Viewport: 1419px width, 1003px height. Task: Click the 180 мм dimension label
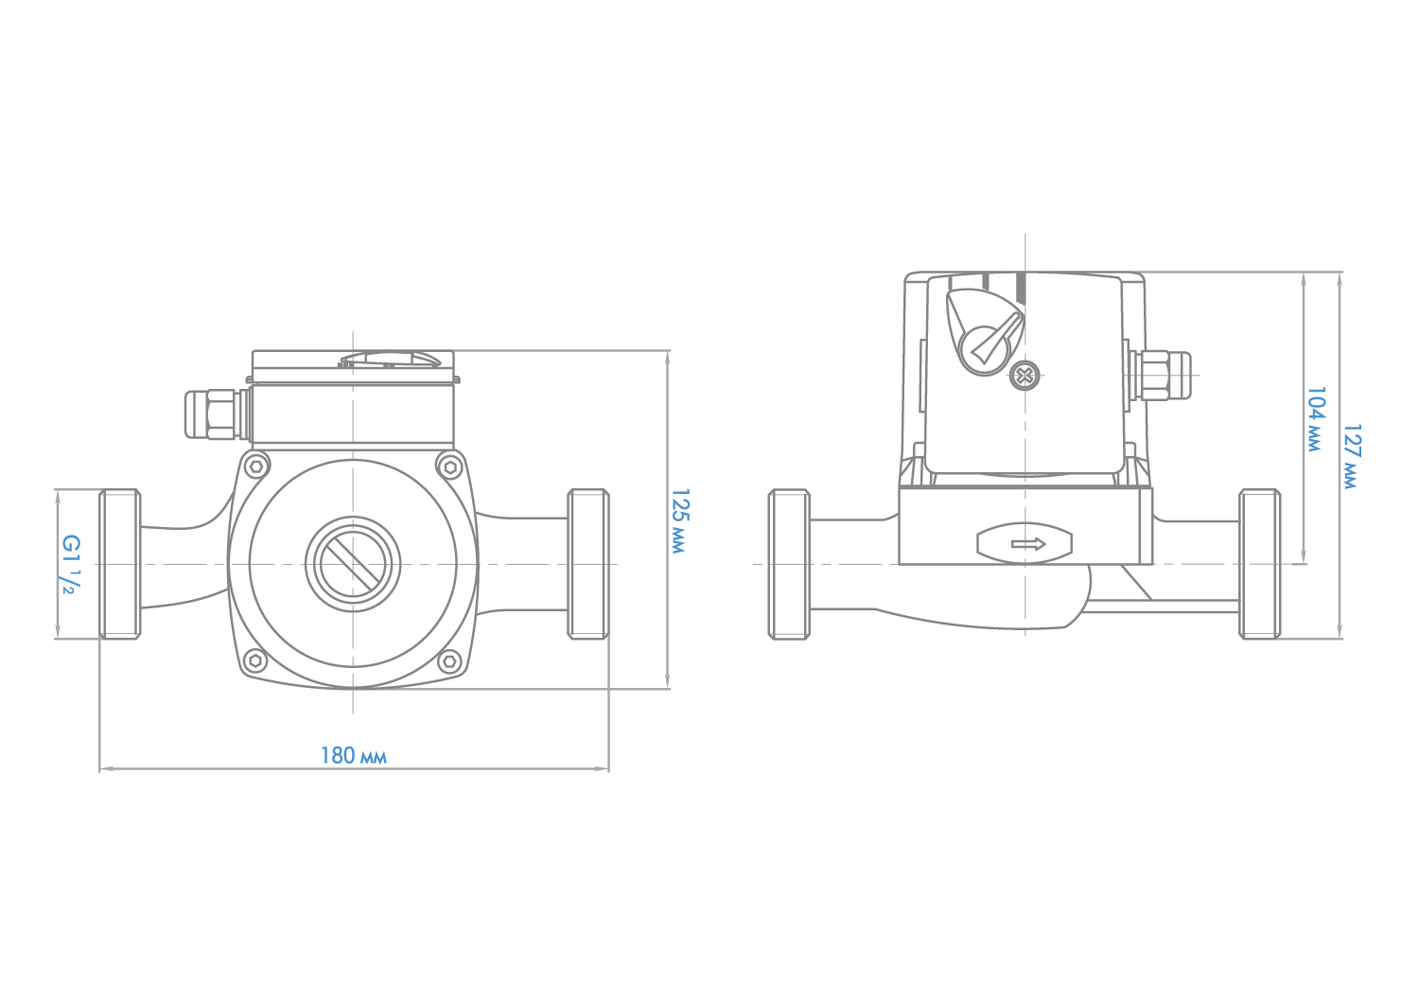[353, 756]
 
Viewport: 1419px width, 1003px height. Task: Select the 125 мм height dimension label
[679, 520]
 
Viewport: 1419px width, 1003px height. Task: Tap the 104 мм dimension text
[1316, 419]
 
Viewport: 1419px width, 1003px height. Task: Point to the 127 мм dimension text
[1351, 456]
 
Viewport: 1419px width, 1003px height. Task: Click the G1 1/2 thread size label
[71, 564]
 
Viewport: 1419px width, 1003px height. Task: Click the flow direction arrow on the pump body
[1028, 544]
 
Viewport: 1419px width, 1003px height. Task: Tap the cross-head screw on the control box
[1024, 376]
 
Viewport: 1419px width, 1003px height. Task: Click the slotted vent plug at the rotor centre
[353, 564]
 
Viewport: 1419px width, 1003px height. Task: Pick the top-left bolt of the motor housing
[256, 467]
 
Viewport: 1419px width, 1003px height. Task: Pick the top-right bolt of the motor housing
[449, 467]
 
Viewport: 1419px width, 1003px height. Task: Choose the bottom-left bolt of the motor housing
[255, 660]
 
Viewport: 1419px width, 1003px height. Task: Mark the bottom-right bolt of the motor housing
[449, 660]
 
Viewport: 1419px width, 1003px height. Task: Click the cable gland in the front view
[216, 415]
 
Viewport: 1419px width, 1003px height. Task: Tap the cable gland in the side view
[1159, 376]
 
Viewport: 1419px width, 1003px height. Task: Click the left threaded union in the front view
[120, 564]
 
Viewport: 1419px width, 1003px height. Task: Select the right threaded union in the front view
[588, 564]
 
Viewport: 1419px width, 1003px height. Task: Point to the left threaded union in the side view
[789, 564]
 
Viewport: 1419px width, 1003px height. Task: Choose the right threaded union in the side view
[1259, 564]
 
